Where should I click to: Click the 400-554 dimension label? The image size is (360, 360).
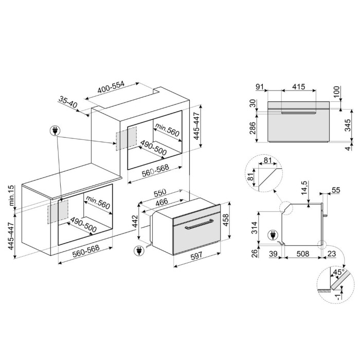click(111, 87)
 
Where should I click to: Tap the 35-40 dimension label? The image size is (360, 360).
click(68, 102)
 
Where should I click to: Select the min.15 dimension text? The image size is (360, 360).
click(11, 196)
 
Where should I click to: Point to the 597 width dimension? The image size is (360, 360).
click(196, 256)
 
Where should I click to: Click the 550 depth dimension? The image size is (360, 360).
click(160, 193)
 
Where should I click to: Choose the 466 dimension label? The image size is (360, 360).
click(161, 203)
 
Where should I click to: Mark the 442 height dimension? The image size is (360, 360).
click(135, 221)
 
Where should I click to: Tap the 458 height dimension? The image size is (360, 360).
click(226, 220)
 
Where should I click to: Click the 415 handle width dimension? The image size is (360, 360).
click(299, 86)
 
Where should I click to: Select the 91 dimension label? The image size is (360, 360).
click(260, 87)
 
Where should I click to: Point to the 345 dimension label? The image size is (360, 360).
click(348, 125)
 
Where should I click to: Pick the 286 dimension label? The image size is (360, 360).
click(252, 128)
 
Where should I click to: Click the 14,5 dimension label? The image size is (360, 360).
click(304, 188)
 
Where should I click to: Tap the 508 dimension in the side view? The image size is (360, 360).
click(303, 254)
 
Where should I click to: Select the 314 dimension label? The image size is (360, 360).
click(254, 227)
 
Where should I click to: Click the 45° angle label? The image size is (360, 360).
click(338, 272)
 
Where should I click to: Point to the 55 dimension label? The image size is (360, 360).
click(336, 190)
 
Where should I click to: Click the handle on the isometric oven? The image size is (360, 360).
click(199, 225)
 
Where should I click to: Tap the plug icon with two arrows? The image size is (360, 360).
click(55, 131)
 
